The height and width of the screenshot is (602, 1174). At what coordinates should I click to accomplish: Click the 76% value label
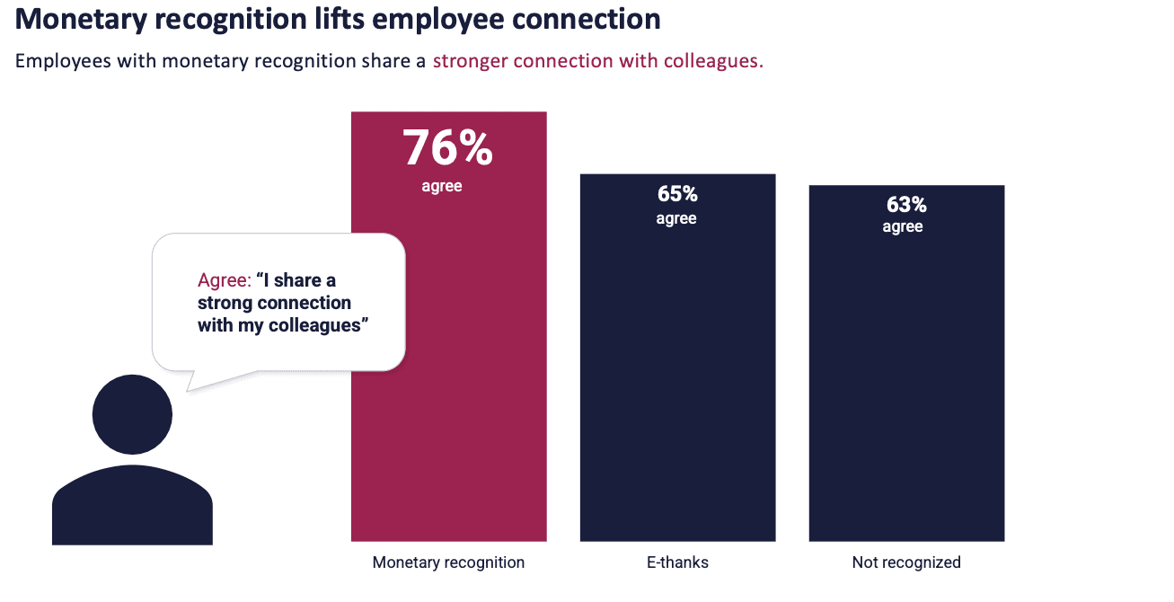(447, 148)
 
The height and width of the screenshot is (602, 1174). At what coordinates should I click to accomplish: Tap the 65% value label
(677, 194)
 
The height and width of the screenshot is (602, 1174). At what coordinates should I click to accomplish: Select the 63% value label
(905, 205)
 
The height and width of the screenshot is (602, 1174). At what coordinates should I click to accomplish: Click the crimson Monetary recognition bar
(448, 377)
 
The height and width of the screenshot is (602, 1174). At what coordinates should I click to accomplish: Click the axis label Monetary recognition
(448, 562)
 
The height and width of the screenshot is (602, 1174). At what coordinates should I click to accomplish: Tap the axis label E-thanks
(677, 562)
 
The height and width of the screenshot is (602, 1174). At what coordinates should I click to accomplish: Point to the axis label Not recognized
(906, 562)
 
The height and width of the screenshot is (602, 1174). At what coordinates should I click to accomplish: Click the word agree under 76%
(442, 187)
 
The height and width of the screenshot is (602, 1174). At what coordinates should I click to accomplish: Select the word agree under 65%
(676, 218)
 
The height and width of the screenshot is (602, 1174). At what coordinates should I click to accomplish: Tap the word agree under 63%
(903, 226)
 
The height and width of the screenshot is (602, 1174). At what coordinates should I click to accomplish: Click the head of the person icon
(132, 415)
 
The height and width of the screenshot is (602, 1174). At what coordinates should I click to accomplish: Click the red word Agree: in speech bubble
(224, 280)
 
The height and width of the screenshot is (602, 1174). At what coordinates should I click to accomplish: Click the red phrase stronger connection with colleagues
(597, 62)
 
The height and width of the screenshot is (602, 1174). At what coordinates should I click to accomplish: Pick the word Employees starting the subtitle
(56, 62)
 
